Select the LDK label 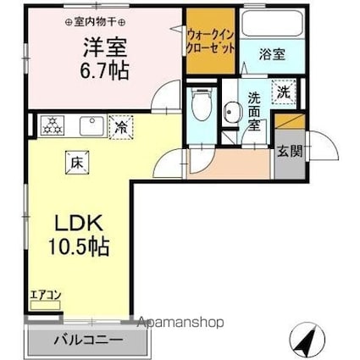click(x=80, y=224)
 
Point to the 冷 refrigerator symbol click(x=121, y=128)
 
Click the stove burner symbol click(x=52, y=125)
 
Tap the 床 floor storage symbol click(x=74, y=158)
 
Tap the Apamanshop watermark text click(x=179, y=323)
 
